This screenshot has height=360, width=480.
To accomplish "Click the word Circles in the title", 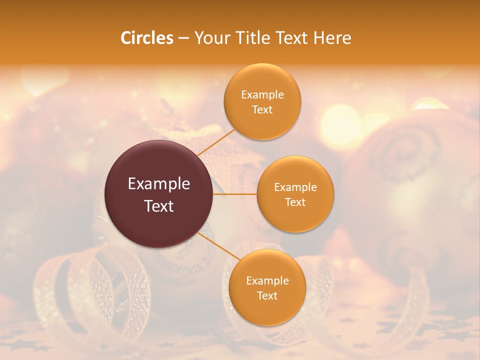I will (146, 38).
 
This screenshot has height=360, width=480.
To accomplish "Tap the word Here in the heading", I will (332, 38).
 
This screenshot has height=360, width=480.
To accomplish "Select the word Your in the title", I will (212, 38).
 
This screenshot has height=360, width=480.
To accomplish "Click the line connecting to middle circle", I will (235, 194).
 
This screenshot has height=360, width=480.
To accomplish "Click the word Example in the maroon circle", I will (159, 184).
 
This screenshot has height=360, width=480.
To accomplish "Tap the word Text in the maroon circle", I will (159, 206).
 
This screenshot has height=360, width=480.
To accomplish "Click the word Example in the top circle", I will (262, 95).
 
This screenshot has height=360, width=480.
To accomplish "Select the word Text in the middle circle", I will (295, 202).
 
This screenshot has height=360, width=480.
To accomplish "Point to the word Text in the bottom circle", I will (267, 295).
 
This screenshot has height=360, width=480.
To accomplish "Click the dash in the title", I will (183, 38).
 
